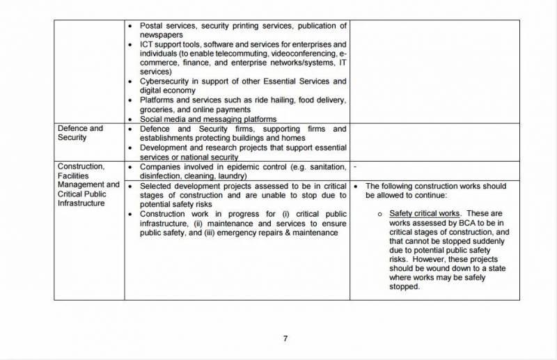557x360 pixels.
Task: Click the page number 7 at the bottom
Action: [x=285, y=338]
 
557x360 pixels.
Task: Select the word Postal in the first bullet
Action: [x=152, y=26]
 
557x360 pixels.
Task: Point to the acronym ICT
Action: [x=148, y=45]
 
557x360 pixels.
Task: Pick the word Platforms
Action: [x=159, y=100]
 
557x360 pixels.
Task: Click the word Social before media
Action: [x=152, y=119]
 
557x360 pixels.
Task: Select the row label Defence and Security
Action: [x=81, y=133]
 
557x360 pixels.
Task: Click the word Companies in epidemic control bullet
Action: [x=162, y=167]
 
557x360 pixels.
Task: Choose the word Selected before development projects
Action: [x=157, y=187]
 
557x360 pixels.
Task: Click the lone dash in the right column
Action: [x=355, y=168]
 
